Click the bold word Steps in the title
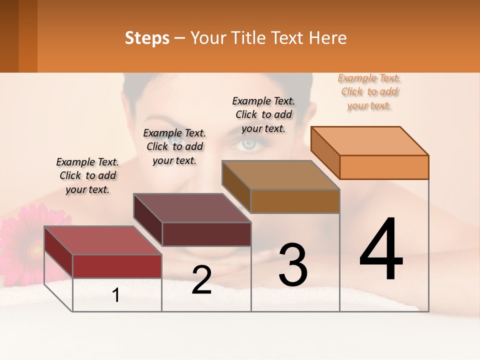pos(147,38)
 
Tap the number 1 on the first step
pos(116,295)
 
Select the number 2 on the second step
pos(201,280)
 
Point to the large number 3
pos(293,265)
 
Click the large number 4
pos(381,250)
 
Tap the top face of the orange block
pos(370,140)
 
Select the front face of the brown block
pos(295,201)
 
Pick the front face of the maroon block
pos(206,234)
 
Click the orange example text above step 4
pos(369,92)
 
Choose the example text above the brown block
pos(263,114)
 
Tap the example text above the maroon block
pos(174,146)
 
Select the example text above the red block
pos(87,175)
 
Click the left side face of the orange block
pos(325,152)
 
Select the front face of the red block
pos(117,266)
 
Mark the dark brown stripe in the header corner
pos(9,36)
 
